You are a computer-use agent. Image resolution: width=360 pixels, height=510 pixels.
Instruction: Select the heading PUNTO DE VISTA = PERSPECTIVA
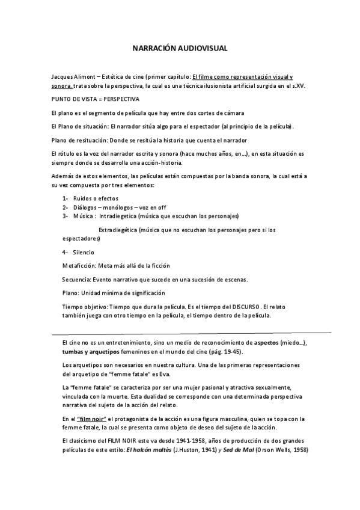tap(95, 99)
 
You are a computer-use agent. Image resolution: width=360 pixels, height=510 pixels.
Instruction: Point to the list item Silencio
tap(84, 252)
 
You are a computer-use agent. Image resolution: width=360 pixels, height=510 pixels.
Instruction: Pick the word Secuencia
tap(76, 279)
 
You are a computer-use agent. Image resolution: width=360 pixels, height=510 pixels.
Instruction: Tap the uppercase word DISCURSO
tap(247, 306)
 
